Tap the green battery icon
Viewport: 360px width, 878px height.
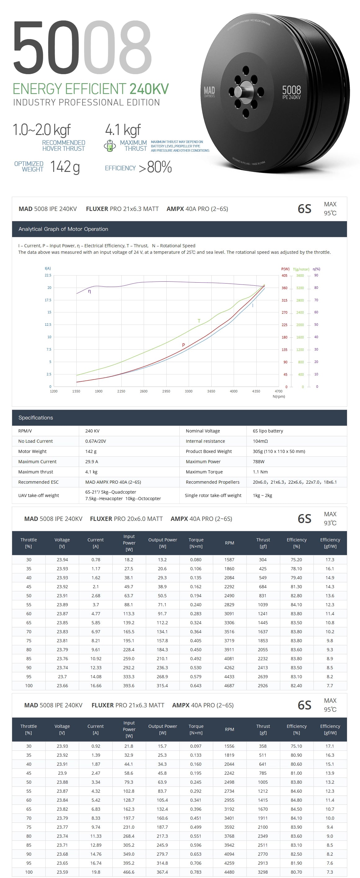pyautogui.click(x=110, y=146)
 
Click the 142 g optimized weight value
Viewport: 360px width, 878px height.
pyautogui.click(x=65, y=167)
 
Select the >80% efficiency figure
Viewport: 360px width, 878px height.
pyautogui.click(x=155, y=167)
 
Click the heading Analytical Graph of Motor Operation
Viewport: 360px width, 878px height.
pyautogui.click(x=63, y=229)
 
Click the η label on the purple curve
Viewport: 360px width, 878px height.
pyautogui.click(x=89, y=291)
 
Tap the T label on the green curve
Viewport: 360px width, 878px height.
pyautogui.click(x=199, y=321)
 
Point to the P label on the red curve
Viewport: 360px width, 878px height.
pyautogui.click(x=183, y=345)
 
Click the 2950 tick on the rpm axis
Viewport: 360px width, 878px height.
pyautogui.click(x=166, y=391)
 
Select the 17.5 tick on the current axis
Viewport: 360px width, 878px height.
pyautogui.click(x=48, y=300)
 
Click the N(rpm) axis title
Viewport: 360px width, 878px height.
pyautogui.click(x=279, y=396)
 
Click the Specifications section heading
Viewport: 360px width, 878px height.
pyautogui.click(x=35, y=418)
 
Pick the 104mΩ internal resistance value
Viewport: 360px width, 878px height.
pyautogui.click(x=260, y=441)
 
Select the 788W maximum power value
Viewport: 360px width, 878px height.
pyautogui.click(x=259, y=462)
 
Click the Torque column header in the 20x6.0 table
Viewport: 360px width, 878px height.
pyautogui.click(x=196, y=543)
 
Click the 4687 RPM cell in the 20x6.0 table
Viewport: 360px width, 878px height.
pyautogui.click(x=229, y=685)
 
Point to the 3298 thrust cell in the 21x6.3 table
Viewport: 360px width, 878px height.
pyautogui.click(x=263, y=872)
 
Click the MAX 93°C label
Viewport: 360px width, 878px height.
pyautogui.click(x=330, y=518)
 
